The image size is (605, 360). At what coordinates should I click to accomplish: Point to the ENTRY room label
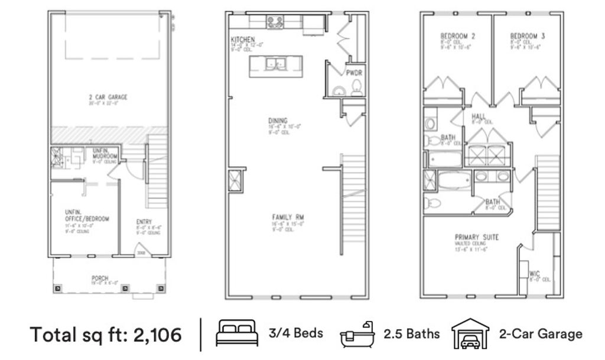144,222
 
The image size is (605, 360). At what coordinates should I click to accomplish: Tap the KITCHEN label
243,40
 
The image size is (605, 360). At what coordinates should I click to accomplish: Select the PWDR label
354,73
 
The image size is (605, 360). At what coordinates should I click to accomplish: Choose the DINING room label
277,121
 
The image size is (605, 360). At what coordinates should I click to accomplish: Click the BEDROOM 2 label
458,36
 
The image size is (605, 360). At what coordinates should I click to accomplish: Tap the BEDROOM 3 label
527,36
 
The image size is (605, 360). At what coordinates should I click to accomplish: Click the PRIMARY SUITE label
476,237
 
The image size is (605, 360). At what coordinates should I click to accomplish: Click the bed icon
237,333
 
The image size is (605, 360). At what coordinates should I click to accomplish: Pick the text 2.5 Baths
411,334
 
